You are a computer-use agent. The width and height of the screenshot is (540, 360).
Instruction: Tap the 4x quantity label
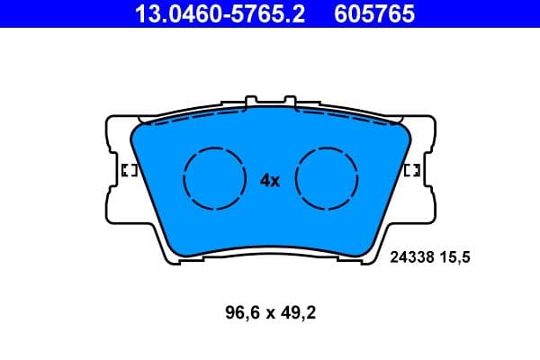point(270,180)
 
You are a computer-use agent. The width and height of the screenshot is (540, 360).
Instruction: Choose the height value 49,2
point(298,314)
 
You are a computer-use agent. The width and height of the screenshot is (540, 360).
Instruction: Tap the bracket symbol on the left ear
point(128,170)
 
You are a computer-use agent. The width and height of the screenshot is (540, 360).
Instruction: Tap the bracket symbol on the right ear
point(413,170)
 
